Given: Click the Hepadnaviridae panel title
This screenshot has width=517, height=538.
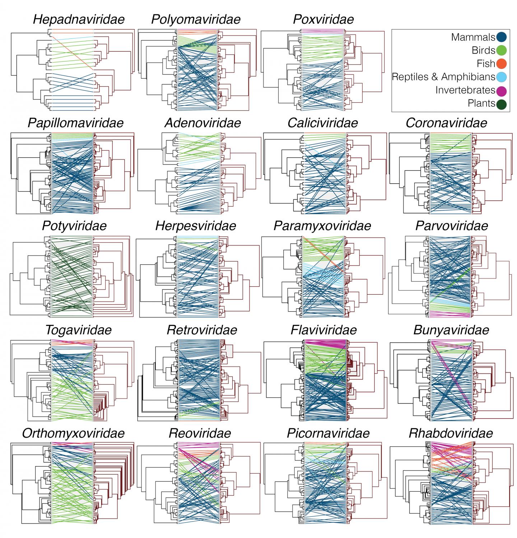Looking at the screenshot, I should (79, 19).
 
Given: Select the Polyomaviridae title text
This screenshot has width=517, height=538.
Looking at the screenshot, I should (196, 19).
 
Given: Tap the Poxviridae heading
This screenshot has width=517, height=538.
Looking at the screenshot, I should (323, 19).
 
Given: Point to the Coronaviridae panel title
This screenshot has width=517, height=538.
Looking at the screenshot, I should (446, 123).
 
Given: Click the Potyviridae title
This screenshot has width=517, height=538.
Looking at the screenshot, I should (74, 226).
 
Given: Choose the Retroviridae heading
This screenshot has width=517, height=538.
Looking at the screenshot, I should (202, 330).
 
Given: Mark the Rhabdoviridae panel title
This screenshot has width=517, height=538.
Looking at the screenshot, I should (451, 433).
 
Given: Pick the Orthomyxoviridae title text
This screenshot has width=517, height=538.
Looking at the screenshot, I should (73, 433).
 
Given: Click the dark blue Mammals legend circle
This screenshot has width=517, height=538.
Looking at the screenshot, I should (501, 37).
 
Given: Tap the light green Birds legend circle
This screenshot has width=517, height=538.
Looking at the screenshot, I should (501, 50).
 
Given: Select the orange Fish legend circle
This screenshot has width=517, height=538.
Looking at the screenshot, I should (501, 64).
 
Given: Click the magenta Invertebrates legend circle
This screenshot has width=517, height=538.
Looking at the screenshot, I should (501, 90).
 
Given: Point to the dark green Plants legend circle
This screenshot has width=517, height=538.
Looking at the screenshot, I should (501, 104).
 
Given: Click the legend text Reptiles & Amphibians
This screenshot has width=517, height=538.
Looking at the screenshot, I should (443, 77).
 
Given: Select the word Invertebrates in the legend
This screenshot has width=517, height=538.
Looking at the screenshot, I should (465, 90).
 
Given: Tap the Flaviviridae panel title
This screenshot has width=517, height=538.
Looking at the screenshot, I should (323, 330).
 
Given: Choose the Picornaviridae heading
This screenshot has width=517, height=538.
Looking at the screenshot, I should (328, 433).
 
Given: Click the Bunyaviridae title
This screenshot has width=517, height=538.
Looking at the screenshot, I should (451, 330).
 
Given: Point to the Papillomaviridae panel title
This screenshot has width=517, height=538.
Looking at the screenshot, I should (75, 123).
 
